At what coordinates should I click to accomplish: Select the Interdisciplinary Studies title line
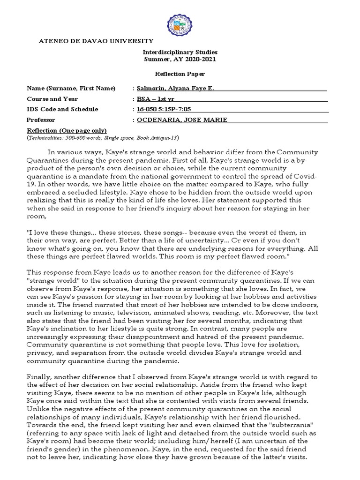coord(180,52)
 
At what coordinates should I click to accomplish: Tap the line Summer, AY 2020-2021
coord(180,59)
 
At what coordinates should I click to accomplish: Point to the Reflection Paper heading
coord(180,74)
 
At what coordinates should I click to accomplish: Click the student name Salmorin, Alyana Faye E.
coord(175,89)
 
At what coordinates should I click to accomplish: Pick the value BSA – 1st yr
coord(155,99)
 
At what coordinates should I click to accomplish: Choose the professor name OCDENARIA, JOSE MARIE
coord(182,120)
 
